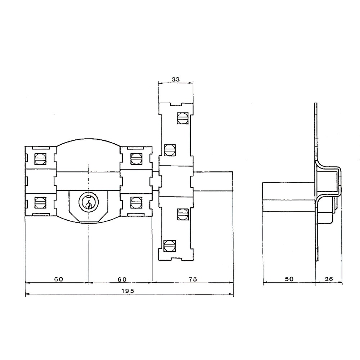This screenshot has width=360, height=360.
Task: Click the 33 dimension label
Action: [176, 78]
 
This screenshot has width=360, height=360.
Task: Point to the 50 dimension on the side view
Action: [289, 279]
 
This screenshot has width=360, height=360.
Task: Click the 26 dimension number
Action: [329, 279]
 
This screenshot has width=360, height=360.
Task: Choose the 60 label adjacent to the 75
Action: [122, 279]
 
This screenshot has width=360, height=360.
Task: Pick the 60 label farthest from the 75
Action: [59, 279]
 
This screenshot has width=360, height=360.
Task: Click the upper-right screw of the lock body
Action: [136, 158]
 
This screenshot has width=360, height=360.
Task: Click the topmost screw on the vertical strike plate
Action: [182, 118]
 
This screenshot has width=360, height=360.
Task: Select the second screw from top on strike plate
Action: [169, 149]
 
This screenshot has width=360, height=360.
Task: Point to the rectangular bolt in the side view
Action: [288, 197]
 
